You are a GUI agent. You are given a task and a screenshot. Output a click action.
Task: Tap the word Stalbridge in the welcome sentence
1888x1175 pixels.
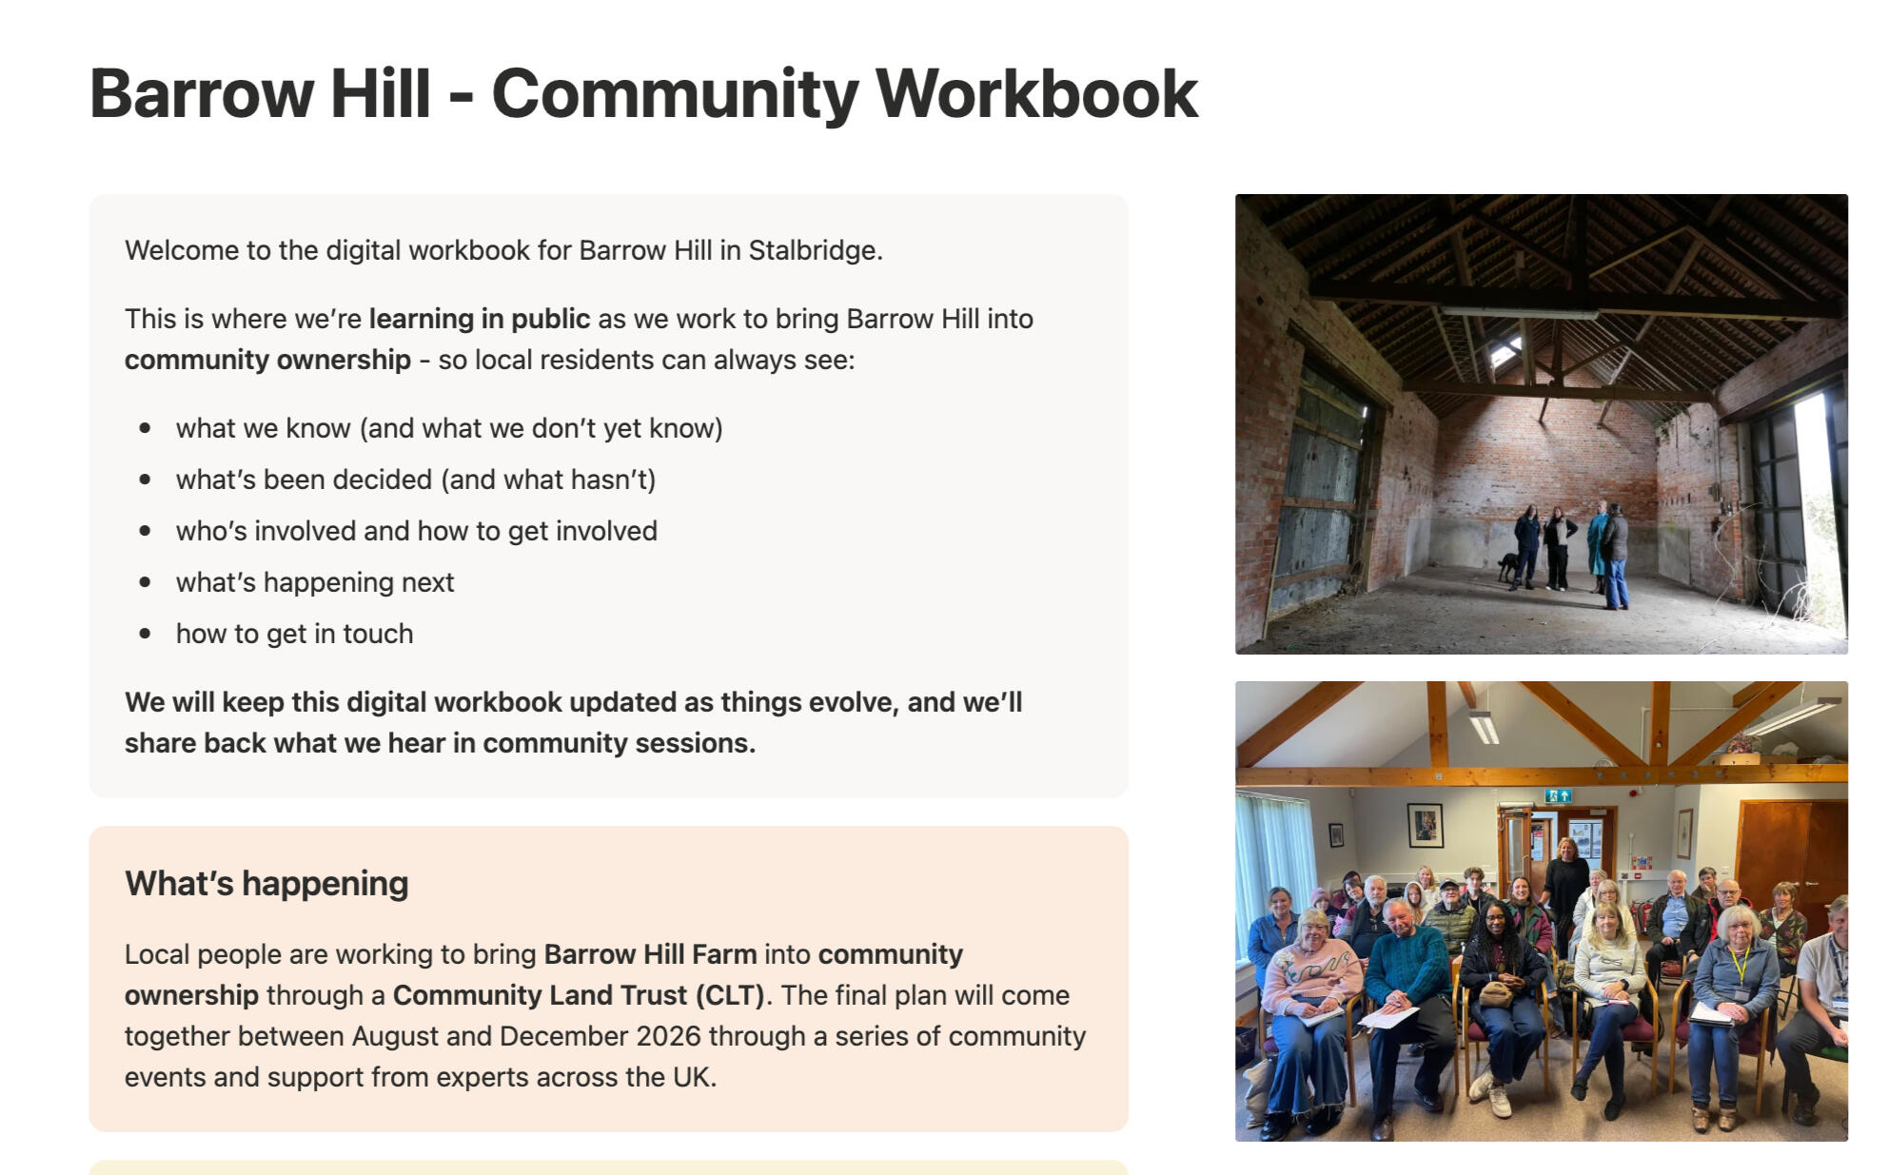[x=816, y=250]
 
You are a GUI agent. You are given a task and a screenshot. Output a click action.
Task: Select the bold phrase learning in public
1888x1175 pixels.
[x=480, y=319]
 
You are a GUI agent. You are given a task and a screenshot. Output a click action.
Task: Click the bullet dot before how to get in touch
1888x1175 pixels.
[x=145, y=634]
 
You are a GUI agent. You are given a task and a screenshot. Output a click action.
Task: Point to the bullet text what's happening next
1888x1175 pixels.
[x=315, y=582]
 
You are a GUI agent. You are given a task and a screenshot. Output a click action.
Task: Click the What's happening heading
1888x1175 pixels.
[x=266, y=884]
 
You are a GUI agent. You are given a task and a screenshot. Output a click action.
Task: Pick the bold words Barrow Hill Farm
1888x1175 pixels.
[x=651, y=954]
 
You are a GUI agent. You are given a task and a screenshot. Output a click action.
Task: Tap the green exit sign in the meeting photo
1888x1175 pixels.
[x=1558, y=795]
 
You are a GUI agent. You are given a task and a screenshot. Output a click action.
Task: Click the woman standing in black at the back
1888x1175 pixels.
[x=1564, y=890]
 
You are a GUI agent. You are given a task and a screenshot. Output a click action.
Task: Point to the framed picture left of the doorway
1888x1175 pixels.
[x=1425, y=825]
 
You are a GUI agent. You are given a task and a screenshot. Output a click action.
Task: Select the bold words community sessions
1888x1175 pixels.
[x=619, y=743]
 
